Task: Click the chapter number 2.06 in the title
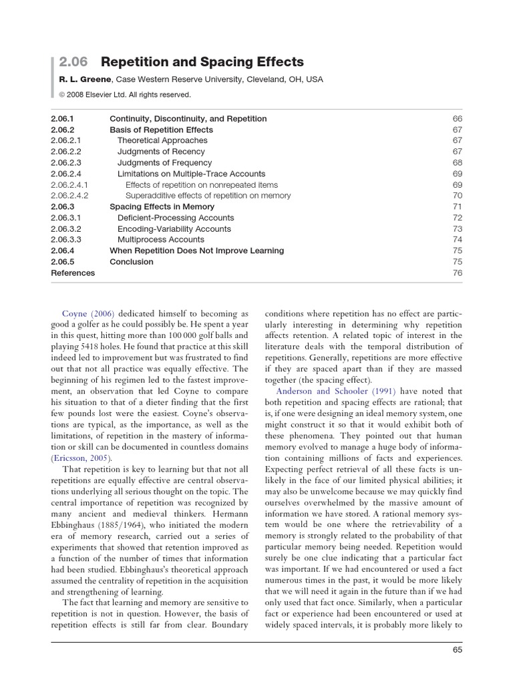(73, 62)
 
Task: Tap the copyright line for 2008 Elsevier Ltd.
(121, 94)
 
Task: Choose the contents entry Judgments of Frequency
(164, 162)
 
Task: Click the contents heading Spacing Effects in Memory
(162, 207)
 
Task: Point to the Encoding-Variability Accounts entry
(174, 228)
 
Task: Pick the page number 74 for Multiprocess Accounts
(457, 240)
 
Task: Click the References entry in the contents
(73, 273)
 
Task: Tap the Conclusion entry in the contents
(131, 262)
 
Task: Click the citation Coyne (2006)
(88, 313)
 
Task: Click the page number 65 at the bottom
(457, 649)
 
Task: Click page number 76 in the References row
(457, 273)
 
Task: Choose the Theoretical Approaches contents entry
(162, 141)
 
